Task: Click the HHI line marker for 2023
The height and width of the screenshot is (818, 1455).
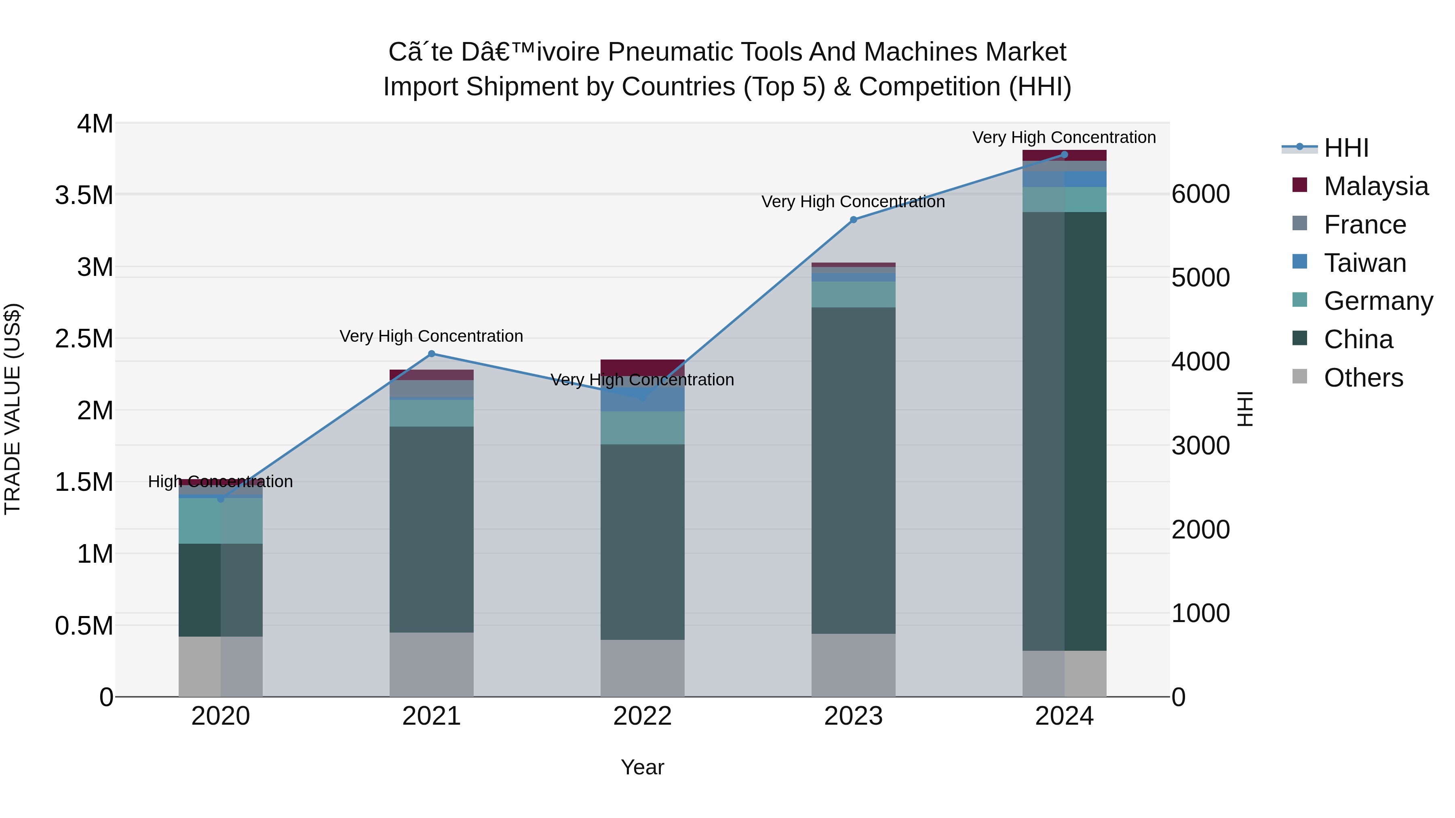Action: pyautogui.click(x=854, y=220)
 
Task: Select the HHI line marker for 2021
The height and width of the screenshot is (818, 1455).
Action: pyautogui.click(x=432, y=354)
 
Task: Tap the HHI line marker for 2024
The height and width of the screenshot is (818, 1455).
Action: pyautogui.click(x=1064, y=155)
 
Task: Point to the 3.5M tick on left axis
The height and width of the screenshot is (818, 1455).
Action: pyautogui.click(x=84, y=196)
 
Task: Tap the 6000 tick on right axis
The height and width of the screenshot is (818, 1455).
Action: pyautogui.click(x=1201, y=193)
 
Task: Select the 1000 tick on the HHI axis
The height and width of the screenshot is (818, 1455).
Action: pyautogui.click(x=1201, y=613)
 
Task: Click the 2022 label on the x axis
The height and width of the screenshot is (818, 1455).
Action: pyautogui.click(x=642, y=716)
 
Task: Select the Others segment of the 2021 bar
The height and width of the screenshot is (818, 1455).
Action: pyautogui.click(x=432, y=664)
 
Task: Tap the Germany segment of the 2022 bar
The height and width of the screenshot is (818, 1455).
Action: pyautogui.click(x=642, y=427)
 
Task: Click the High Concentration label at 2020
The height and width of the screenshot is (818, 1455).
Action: pyautogui.click(x=220, y=482)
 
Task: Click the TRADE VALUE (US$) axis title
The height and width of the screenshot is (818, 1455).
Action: pyautogui.click(x=13, y=409)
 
